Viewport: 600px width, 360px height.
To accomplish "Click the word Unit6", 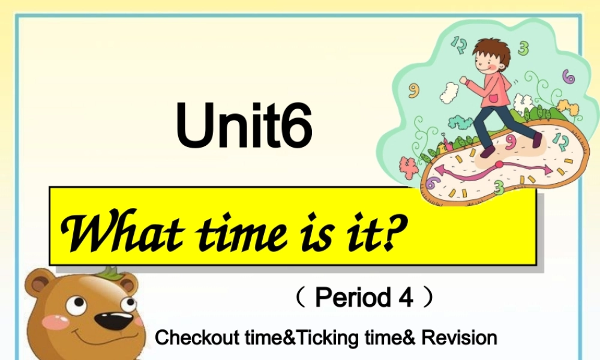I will click(x=245, y=127).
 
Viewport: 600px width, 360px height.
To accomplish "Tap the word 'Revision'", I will click(x=460, y=338).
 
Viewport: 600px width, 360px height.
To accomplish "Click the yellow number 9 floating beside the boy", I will click(x=414, y=90).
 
